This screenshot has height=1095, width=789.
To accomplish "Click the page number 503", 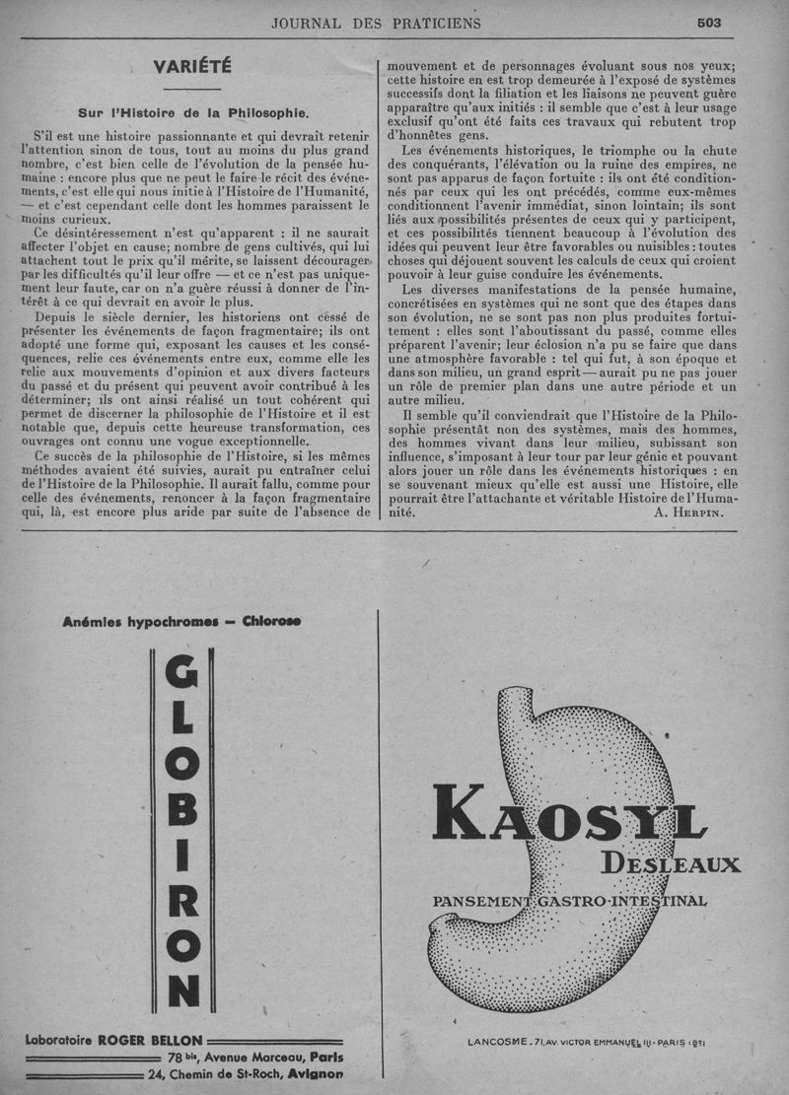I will (x=708, y=23).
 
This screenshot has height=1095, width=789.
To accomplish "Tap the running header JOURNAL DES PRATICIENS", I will (x=377, y=23).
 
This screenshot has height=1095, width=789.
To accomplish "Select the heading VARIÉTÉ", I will (x=192, y=67).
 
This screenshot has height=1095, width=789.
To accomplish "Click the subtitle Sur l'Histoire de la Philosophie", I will (x=193, y=112).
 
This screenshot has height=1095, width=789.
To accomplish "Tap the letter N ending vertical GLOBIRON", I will (x=182, y=989).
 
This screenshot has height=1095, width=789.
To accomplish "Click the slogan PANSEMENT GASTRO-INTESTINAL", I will (x=569, y=901).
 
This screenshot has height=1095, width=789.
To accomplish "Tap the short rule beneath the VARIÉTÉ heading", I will (x=192, y=90).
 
